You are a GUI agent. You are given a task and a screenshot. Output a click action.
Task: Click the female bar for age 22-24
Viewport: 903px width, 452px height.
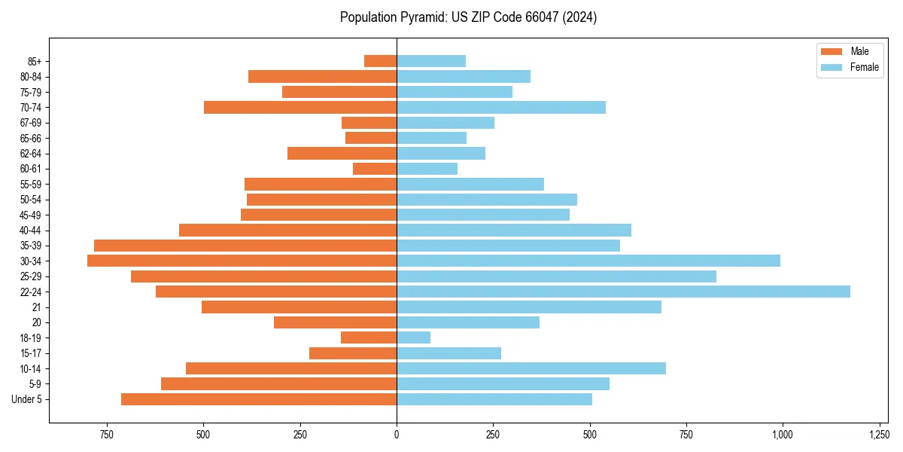(x=623, y=292)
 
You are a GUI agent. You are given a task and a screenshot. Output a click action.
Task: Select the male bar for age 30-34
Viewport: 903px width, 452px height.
(x=242, y=261)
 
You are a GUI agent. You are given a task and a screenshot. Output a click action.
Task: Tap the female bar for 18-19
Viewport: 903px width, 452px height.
(x=413, y=337)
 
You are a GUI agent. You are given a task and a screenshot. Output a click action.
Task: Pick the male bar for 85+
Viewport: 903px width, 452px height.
(x=380, y=61)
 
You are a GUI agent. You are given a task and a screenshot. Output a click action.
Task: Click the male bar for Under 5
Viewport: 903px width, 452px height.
(x=259, y=399)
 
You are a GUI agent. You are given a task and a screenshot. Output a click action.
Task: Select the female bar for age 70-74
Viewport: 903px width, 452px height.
(x=501, y=107)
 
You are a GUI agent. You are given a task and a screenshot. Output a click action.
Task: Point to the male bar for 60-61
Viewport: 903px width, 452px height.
(x=375, y=169)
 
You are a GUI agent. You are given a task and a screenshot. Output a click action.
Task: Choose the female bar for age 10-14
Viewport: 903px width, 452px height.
(x=531, y=368)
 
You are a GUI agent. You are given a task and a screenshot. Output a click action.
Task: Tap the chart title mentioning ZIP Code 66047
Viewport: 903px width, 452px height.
(x=468, y=17)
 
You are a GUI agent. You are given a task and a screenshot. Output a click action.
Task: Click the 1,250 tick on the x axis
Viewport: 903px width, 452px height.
(x=879, y=435)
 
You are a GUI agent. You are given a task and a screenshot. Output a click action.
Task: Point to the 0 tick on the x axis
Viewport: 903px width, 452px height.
(x=397, y=435)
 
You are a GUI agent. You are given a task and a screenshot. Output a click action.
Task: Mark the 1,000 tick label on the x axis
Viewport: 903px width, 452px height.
(x=783, y=435)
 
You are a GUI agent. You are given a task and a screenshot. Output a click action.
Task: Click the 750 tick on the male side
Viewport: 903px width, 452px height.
(x=106, y=435)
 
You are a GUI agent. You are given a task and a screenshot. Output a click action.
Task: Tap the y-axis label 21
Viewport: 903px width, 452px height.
(x=37, y=307)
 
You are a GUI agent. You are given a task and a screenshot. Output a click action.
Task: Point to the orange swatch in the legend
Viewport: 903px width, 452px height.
(x=832, y=51)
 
